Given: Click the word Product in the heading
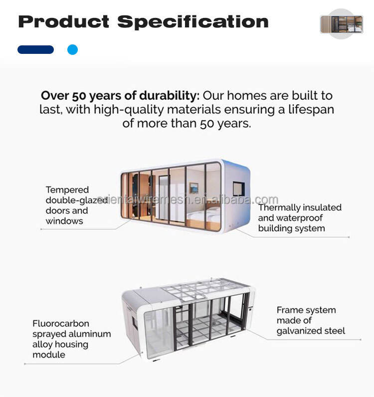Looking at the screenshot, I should click(63, 21).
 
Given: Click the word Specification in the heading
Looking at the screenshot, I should click(193, 22).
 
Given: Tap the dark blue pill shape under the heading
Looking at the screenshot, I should click(35, 50).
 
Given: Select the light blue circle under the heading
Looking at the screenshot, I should click(72, 50).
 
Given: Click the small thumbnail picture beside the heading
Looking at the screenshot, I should click(341, 24).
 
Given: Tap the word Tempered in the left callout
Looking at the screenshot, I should click(67, 190).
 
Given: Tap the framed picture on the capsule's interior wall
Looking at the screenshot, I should click(193, 188).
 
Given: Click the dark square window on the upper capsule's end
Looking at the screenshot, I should click(238, 189).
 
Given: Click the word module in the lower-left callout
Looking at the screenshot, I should click(49, 355).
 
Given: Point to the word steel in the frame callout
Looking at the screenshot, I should click(334, 331).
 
